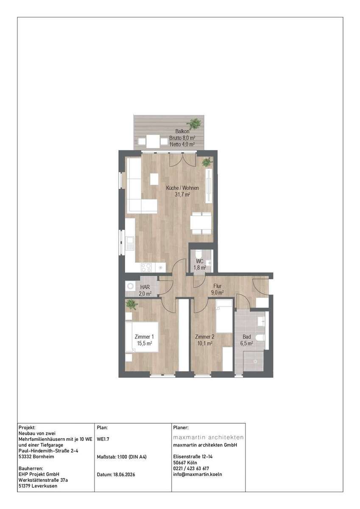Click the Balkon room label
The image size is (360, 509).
click(x=182, y=131)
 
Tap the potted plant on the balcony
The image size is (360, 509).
click(x=194, y=123)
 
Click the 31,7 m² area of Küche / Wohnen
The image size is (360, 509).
click(x=182, y=195)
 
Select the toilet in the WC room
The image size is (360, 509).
click(x=198, y=253)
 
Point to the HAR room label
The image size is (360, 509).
click(x=145, y=287)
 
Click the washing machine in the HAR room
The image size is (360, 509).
click(x=130, y=286)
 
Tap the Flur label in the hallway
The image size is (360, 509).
click(x=217, y=286)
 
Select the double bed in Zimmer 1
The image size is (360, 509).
click(x=142, y=337)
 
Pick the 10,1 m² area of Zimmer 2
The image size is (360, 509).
click(x=205, y=343)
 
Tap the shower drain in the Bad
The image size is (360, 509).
click(x=255, y=361)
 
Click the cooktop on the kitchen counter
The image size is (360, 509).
click(x=146, y=267)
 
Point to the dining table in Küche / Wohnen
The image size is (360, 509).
click(x=201, y=223)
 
